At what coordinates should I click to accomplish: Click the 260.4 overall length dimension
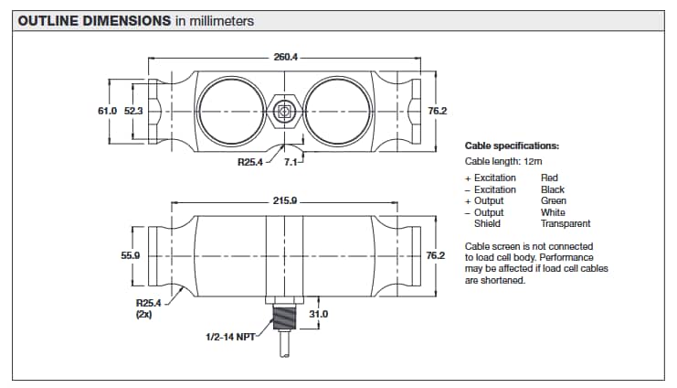click(285, 57)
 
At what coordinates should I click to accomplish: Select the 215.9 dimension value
click(285, 199)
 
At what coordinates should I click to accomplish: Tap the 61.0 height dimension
click(108, 111)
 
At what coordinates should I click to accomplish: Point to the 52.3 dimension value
click(133, 111)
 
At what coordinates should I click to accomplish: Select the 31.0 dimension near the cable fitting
click(319, 314)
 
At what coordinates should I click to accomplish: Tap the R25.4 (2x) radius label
click(148, 307)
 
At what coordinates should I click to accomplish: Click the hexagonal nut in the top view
click(285, 112)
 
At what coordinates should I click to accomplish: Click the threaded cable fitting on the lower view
click(284, 322)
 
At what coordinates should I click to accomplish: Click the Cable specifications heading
click(512, 145)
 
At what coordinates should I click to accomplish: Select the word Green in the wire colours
click(553, 200)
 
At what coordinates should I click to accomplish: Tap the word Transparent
click(566, 223)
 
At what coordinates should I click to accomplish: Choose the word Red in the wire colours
click(549, 178)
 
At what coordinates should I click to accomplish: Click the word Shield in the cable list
click(487, 223)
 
